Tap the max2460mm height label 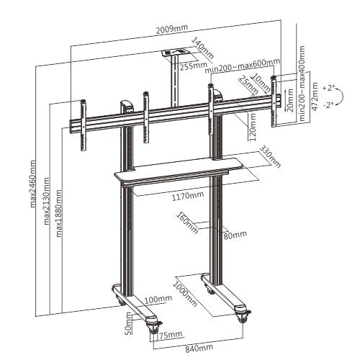(33, 184)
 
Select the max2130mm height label (47, 201)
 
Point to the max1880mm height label (58, 213)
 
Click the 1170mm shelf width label (188, 196)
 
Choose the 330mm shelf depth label (270, 156)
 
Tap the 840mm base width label (199, 348)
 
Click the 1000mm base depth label (185, 294)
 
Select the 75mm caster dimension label (171, 335)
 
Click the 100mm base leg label (158, 299)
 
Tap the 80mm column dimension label (235, 235)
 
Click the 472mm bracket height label (315, 96)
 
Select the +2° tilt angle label (328, 88)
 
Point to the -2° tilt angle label (328, 105)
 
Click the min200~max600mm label (243, 66)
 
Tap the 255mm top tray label (194, 66)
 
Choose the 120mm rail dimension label (252, 127)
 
